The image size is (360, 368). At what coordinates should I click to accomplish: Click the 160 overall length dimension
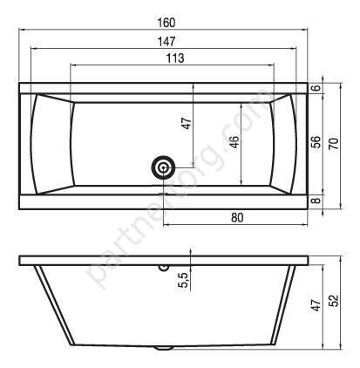[x=166, y=23]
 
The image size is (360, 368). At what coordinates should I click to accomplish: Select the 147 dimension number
[x=166, y=42]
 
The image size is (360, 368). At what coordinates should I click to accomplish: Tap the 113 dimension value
[x=175, y=58]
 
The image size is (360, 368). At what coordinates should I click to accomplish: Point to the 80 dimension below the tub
[x=237, y=217]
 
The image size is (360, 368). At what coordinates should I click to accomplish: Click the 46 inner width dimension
[x=234, y=141]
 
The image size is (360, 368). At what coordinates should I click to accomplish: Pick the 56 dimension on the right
[x=316, y=142]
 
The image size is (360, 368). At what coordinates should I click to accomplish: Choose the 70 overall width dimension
[x=334, y=144]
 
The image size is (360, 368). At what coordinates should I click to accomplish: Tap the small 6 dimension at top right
[x=317, y=87]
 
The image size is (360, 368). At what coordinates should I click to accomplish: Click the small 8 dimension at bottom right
[x=317, y=200]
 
